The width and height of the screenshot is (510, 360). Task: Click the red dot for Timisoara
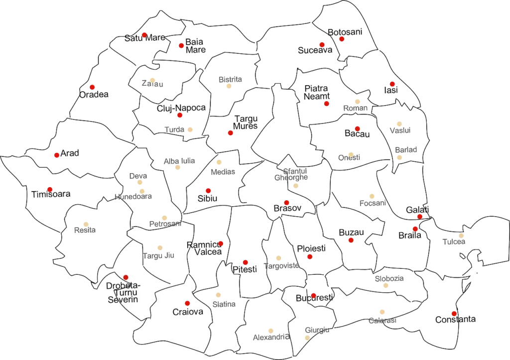(x=50, y=189)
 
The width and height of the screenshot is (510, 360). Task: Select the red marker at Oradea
(x=92, y=87)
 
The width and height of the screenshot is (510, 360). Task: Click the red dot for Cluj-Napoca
(x=180, y=115)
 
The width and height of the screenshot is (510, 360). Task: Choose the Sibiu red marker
(x=208, y=191)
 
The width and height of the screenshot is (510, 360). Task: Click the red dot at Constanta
(x=454, y=313)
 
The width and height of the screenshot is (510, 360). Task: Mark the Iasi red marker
(x=392, y=84)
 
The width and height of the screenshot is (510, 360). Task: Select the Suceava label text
(x=315, y=50)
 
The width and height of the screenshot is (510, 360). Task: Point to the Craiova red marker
(x=187, y=303)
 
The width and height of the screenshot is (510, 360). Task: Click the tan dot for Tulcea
(x=462, y=236)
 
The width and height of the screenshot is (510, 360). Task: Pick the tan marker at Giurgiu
(x=307, y=337)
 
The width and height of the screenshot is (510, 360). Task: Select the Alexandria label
(x=270, y=337)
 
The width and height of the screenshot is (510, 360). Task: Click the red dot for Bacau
(x=358, y=128)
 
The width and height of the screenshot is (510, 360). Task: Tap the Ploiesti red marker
(x=310, y=256)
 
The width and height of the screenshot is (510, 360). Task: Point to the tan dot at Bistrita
(x=229, y=86)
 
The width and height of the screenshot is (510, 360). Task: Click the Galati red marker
(x=420, y=216)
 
